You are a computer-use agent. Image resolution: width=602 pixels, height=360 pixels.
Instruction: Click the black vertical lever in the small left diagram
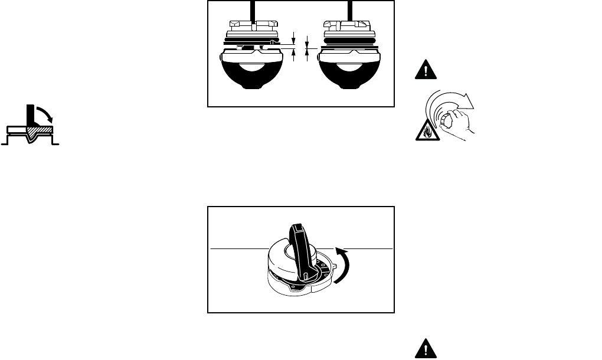pos(29,115)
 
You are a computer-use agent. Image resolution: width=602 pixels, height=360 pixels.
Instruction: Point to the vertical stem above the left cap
pos(252,11)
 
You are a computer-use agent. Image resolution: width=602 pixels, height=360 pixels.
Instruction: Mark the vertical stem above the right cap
pos(350,11)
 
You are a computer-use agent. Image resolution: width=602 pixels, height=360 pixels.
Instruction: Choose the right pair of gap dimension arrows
pos(307,45)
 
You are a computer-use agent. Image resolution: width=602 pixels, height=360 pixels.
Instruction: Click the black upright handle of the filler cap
pos(303,247)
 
